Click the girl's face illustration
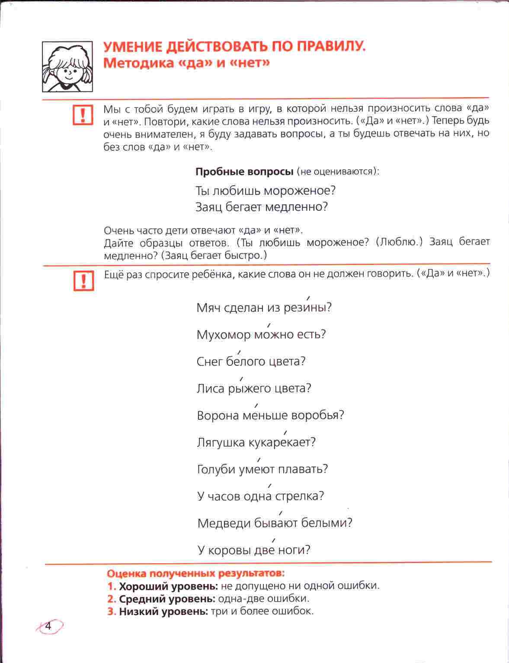67,67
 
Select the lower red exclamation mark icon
83,280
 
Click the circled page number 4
48,626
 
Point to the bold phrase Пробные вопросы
244,171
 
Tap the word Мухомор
224,335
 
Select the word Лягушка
221,443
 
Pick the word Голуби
217,469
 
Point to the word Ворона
218,416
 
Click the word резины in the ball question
307,308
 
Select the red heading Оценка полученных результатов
195,574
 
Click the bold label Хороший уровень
168,586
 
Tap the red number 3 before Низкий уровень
111,612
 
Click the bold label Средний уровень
167,599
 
